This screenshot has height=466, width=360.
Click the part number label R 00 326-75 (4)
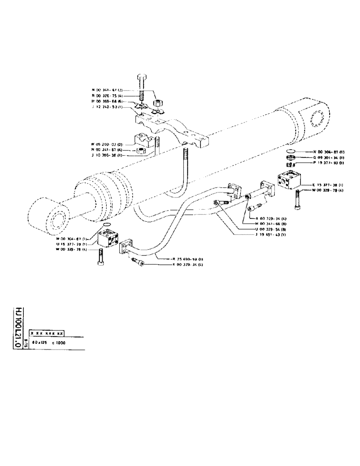pos(107,95)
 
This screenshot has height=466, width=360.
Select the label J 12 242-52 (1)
pos(107,107)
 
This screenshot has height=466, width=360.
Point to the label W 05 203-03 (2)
pos(107,144)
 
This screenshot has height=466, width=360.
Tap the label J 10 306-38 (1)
pos(107,156)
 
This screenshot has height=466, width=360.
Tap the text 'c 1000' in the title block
pos(59,343)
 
